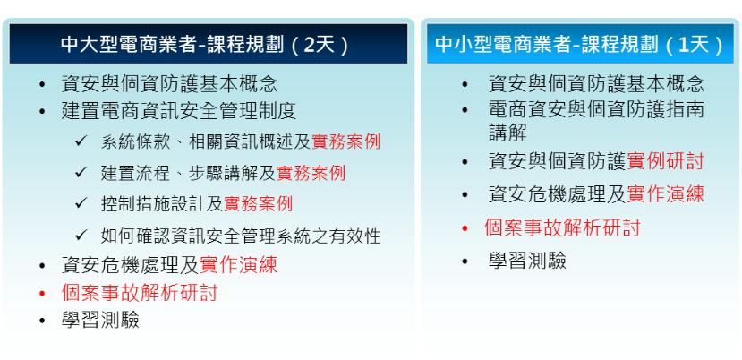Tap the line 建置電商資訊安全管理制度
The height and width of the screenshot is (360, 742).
click(x=179, y=112)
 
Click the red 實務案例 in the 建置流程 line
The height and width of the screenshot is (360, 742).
click(x=311, y=173)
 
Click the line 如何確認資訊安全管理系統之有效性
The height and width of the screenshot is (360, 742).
click(x=240, y=236)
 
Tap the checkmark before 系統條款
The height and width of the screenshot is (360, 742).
click(x=81, y=141)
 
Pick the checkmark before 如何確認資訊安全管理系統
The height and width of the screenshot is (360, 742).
click(x=81, y=235)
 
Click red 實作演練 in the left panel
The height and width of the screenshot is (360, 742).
click(x=239, y=264)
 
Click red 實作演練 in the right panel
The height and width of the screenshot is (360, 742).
click(x=665, y=193)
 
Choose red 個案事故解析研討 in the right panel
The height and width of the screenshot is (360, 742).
click(x=562, y=227)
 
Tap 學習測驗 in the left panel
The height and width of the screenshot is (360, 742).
click(x=100, y=321)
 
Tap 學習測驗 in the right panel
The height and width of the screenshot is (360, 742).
click(x=527, y=261)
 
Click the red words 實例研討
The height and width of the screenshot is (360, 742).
click(x=665, y=161)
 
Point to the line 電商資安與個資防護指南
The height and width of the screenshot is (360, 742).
click(x=596, y=110)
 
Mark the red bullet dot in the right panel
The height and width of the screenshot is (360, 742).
click(x=465, y=227)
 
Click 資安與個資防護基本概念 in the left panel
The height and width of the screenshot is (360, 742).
click(x=169, y=84)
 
